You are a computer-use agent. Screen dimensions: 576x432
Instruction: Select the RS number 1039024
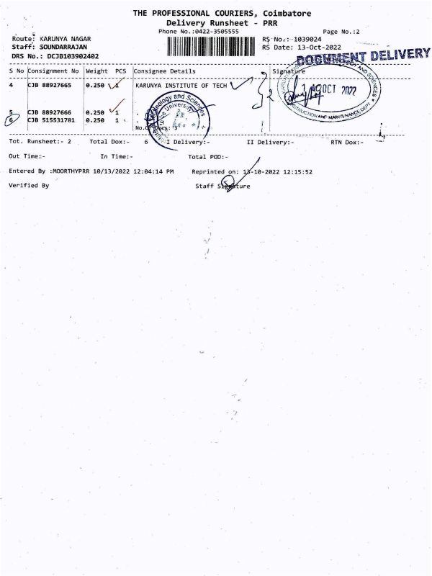click(x=300, y=39)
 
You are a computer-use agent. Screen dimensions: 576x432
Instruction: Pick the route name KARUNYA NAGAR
click(x=64, y=39)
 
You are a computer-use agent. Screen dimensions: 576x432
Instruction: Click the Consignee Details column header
click(x=164, y=71)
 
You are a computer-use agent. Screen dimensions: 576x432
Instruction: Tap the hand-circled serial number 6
click(x=11, y=120)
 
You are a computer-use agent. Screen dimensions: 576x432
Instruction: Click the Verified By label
click(x=29, y=186)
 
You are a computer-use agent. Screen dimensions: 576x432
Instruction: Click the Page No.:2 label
click(x=341, y=32)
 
